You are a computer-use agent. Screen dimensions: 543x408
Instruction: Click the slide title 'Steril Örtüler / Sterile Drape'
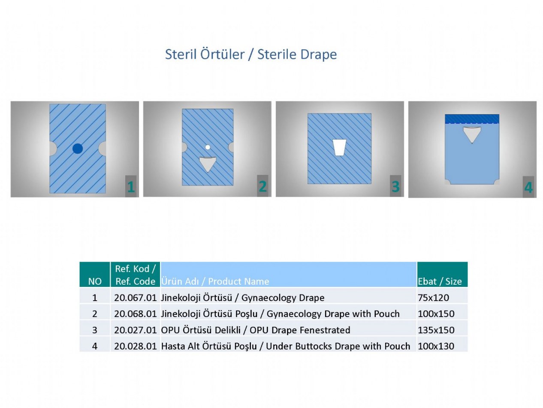click(250, 54)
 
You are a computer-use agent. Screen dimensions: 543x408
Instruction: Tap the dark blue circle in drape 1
click(78, 149)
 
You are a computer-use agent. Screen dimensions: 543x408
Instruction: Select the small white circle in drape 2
click(208, 147)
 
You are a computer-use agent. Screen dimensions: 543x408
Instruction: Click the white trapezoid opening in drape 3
click(339, 147)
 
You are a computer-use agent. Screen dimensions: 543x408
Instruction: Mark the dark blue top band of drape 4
click(472, 119)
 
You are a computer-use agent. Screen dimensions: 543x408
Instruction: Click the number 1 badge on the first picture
click(131, 186)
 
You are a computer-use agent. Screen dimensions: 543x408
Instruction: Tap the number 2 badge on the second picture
click(262, 186)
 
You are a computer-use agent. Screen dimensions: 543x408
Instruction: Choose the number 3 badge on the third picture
click(395, 186)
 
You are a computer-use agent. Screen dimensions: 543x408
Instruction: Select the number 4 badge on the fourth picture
click(528, 187)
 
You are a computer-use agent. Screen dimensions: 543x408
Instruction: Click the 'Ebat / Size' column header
click(440, 281)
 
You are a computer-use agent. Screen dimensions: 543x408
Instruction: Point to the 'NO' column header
click(95, 281)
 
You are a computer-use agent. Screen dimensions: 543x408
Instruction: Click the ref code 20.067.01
click(135, 298)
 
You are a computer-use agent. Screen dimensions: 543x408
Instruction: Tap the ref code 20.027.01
click(135, 330)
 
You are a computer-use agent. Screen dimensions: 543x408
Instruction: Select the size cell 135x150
click(436, 330)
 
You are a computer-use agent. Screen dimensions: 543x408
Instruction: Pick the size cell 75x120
click(433, 298)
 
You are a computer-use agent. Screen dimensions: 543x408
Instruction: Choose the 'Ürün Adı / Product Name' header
click(215, 281)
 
